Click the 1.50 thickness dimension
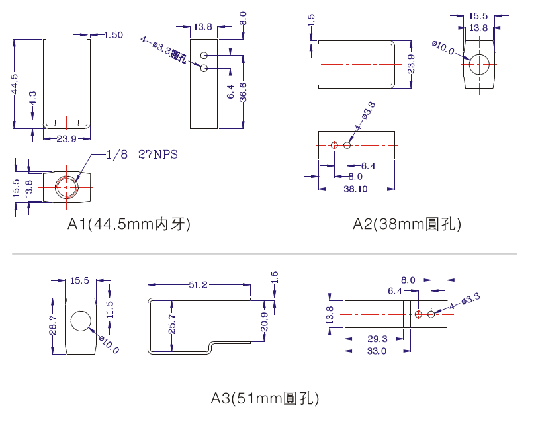click(x=113, y=35)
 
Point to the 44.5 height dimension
click(x=14, y=83)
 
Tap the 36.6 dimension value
click(x=244, y=91)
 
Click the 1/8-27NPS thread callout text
click(x=143, y=155)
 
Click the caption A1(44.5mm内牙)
click(x=129, y=224)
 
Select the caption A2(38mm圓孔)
click(x=407, y=224)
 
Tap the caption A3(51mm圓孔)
click(x=265, y=398)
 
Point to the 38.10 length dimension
click(x=355, y=189)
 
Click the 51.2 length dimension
click(x=199, y=284)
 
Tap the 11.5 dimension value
click(x=110, y=308)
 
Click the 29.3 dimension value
click(x=378, y=339)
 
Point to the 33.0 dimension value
click(x=377, y=351)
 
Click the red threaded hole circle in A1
click(x=67, y=187)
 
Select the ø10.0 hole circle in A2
click(x=480, y=64)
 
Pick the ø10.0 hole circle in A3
click(x=81, y=321)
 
